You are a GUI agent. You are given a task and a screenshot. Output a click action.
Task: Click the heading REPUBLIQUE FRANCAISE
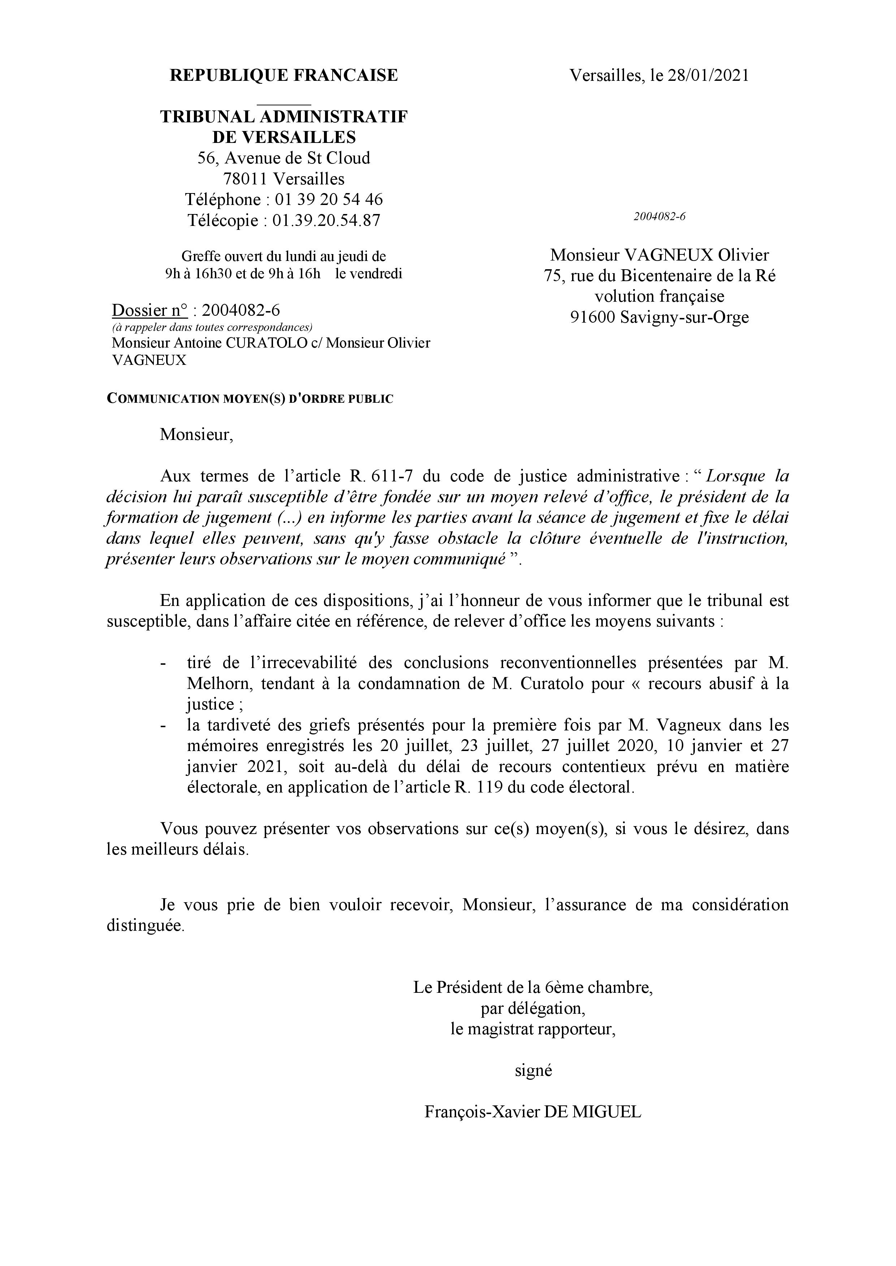pos(283,75)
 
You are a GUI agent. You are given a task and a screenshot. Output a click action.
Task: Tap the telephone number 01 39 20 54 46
pos(329,199)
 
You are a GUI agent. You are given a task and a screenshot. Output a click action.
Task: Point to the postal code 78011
pos(246,179)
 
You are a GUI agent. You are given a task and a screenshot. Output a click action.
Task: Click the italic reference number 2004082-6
pos(659,217)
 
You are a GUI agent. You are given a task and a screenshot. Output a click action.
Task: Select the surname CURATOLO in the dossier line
pos(267,343)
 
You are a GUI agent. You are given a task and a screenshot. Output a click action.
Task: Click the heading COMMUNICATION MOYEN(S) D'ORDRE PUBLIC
pos(250,399)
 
